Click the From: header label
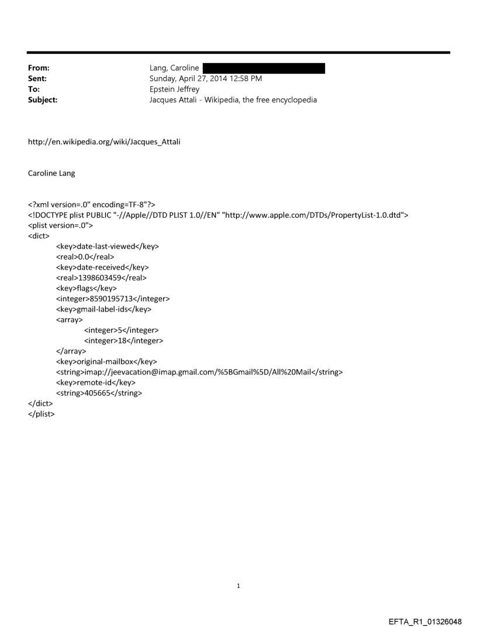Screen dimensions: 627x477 coord(37,68)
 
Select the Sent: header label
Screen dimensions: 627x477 coord(36,79)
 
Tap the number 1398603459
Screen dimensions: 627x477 coord(102,278)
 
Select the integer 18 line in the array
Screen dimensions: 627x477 coord(123,341)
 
